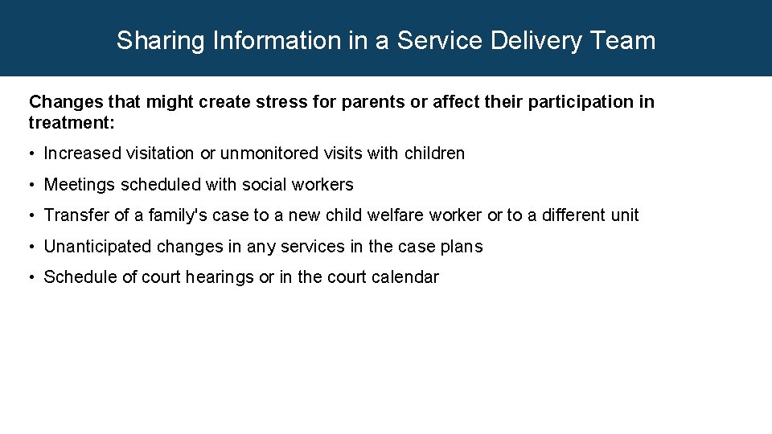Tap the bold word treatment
point(72,123)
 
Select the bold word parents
point(372,102)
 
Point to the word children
point(434,154)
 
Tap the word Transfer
point(72,215)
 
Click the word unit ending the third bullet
point(625,215)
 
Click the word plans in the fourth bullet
point(463,247)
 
